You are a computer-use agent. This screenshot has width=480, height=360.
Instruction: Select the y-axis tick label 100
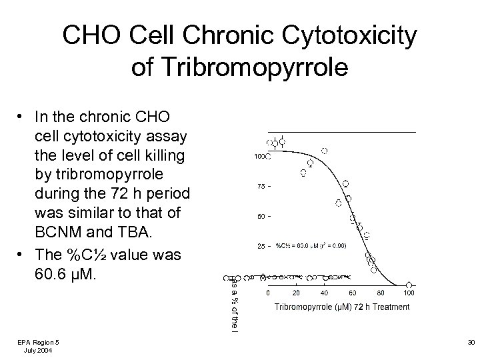tap(260, 157)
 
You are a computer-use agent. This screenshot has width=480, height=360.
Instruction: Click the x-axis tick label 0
tap(268, 293)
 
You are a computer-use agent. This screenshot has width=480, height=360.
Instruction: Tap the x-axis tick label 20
tap(296, 293)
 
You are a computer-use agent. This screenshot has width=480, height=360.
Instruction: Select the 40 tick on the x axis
tap(324, 293)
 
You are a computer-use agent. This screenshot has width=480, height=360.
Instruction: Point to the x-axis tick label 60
tap(352, 293)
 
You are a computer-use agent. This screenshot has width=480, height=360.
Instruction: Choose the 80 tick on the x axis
tap(380, 293)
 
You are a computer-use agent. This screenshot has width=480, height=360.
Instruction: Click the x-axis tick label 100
tap(409, 293)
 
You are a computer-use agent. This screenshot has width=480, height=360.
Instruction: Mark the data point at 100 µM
tap(409, 283)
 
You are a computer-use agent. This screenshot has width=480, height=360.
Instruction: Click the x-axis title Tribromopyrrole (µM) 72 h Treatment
tap(342, 307)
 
